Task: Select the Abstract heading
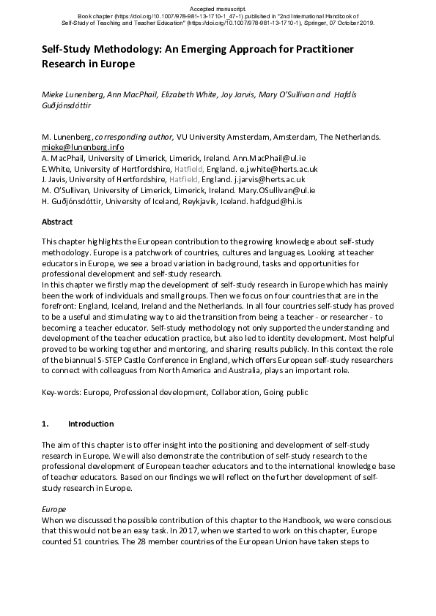tap(57, 221)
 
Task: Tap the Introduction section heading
tap(91, 424)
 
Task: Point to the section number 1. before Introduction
tap(45, 424)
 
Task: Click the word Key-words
tap(62, 393)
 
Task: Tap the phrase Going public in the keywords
tap(284, 393)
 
